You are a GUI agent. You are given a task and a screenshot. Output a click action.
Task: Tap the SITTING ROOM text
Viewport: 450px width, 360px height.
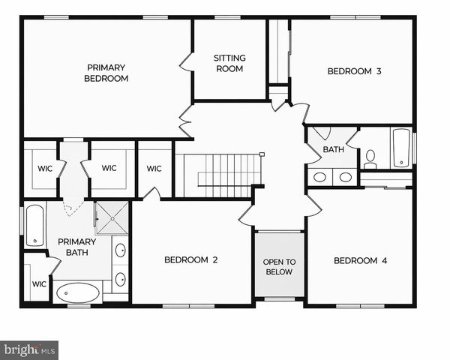229,63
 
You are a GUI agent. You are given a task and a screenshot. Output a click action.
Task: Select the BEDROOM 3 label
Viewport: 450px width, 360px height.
355,72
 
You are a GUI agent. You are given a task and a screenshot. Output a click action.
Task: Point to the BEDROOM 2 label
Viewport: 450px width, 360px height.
191,260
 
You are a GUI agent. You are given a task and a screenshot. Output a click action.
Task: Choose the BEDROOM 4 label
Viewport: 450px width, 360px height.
360,260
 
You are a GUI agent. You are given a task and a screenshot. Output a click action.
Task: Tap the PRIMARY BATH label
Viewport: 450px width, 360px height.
77,247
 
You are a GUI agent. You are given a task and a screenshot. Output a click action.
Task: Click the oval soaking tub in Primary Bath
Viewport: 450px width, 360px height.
77,292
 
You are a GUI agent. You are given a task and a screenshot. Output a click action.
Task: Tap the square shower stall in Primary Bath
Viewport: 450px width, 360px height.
112,217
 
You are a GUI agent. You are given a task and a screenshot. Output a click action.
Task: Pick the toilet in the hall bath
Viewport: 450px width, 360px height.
370,159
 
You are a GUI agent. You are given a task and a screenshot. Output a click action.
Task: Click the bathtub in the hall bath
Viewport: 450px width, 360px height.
401,148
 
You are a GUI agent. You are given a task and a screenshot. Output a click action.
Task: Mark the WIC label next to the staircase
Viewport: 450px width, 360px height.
154,169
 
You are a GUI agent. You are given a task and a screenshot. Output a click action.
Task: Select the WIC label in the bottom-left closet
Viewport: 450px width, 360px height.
39,284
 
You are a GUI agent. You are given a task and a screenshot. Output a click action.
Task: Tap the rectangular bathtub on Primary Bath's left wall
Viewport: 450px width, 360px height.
34,225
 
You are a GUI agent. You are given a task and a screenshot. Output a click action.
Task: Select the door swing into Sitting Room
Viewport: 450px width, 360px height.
186,61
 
